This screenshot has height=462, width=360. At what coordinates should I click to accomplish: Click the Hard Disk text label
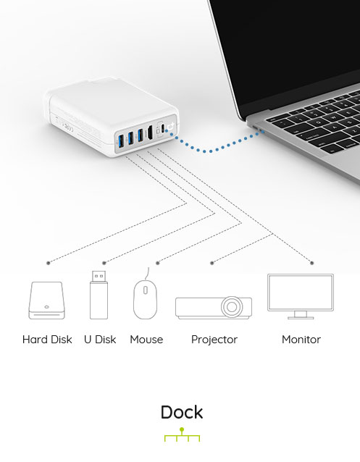coord(47,340)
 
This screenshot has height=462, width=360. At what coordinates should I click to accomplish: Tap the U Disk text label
coord(100,340)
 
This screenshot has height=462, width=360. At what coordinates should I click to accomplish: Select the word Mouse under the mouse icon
coord(146,340)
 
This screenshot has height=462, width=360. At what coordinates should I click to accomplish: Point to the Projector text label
coord(214,340)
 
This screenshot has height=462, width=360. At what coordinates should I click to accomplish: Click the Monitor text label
coord(301,340)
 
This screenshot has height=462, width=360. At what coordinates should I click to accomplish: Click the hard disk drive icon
coord(46,301)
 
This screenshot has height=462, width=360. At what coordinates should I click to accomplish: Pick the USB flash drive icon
coord(99,295)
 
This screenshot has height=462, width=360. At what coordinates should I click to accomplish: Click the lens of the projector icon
coord(232,307)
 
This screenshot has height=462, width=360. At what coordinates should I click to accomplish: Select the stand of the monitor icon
coord(301,315)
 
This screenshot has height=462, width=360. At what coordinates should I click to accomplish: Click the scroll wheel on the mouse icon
coord(146,290)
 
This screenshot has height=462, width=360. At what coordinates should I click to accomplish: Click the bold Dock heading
coord(182,412)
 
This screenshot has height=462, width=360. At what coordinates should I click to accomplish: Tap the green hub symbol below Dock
coord(182,434)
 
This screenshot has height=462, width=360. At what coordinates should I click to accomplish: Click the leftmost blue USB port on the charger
coord(121,141)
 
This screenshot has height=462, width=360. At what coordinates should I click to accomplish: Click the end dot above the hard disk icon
coord(49,263)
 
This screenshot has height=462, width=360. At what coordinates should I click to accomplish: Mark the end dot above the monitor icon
coord(312,263)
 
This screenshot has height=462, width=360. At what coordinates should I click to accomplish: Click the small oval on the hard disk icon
coord(46,307)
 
